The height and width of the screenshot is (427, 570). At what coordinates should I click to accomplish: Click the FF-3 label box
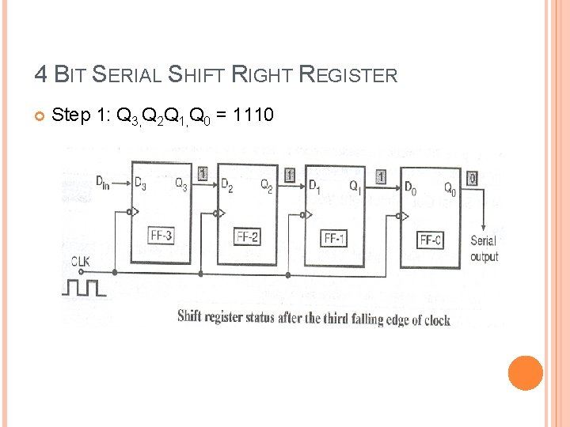click(x=161, y=235)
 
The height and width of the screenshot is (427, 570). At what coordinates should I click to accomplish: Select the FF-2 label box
click(x=247, y=236)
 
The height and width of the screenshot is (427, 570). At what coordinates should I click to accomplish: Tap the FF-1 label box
click(x=333, y=237)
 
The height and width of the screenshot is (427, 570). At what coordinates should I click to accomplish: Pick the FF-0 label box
click(x=431, y=239)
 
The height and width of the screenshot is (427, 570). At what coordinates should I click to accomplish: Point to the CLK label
click(x=81, y=262)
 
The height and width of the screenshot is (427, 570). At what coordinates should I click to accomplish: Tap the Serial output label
click(x=484, y=248)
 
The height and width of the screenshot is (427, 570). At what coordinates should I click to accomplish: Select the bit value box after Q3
click(x=203, y=172)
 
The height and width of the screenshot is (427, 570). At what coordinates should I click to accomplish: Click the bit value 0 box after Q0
click(x=473, y=179)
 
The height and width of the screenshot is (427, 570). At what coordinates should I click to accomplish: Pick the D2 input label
click(x=227, y=187)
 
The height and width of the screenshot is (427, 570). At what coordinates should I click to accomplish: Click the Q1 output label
click(x=355, y=187)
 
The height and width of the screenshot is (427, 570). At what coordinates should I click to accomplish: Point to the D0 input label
click(x=411, y=188)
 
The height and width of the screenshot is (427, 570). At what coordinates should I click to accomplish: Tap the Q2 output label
click(x=267, y=186)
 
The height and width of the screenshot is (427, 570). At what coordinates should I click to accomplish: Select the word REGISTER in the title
click(x=348, y=75)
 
